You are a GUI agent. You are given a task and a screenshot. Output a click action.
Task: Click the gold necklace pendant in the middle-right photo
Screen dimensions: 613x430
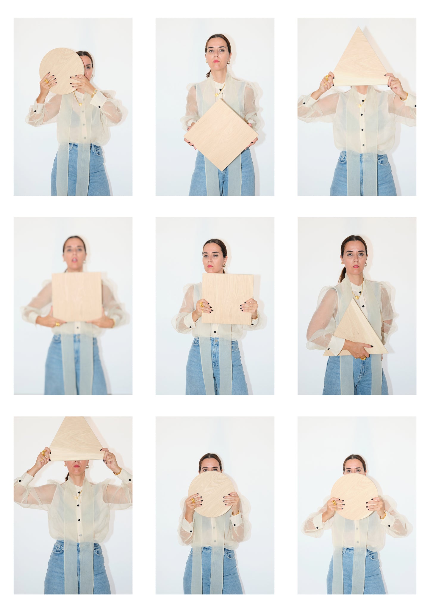[x=356, y=296]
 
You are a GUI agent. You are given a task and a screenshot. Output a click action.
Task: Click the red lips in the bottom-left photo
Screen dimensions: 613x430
[x=76, y=466]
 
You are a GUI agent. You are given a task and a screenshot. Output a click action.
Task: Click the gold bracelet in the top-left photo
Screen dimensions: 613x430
[x=94, y=93]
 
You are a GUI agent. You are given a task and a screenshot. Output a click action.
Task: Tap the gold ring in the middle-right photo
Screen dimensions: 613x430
[x=363, y=358]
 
